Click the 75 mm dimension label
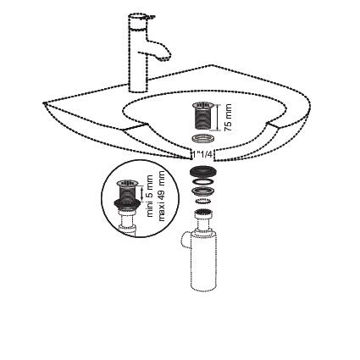pos(228,118)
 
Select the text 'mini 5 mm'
pos(150,196)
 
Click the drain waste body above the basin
pos(202,116)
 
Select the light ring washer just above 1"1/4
pos(202,139)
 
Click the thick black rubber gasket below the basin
pos(203,172)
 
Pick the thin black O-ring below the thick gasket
pos(203,181)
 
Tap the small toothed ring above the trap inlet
pos(203,202)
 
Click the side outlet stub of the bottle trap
pos(186,241)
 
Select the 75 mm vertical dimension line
pos(218,118)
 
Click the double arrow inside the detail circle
pos(141,192)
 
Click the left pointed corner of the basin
pos(43,103)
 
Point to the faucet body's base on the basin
pos(138,89)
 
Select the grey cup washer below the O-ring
pos(203,191)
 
